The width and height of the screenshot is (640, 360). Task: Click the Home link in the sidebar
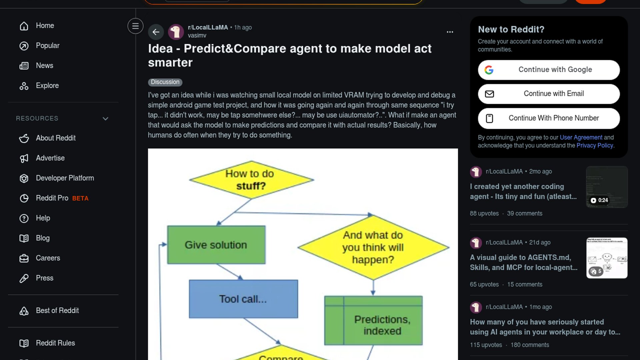pyautogui.click(x=45, y=26)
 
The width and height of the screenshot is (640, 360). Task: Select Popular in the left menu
pyautogui.click(x=47, y=46)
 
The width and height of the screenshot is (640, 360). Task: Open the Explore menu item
pyautogui.click(x=47, y=86)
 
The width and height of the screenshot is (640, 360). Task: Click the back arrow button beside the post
pyautogui.click(x=156, y=32)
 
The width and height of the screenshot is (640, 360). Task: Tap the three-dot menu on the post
pyautogui.click(x=450, y=32)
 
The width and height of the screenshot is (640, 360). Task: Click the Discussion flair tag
pyautogui.click(x=165, y=82)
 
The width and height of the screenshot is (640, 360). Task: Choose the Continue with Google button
pyautogui.click(x=549, y=70)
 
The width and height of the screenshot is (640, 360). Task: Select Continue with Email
pyautogui.click(x=549, y=94)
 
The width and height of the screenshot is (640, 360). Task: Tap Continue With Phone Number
pyautogui.click(x=549, y=118)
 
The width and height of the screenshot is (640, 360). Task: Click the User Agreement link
pyautogui.click(x=581, y=137)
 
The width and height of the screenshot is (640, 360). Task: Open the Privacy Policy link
pyautogui.click(x=595, y=145)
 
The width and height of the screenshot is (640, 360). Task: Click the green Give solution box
pyautogui.click(x=216, y=245)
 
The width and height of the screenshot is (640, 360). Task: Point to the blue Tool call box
pyautogui.click(x=243, y=299)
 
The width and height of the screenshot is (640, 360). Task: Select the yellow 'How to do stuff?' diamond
pyautogui.click(x=251, y=180)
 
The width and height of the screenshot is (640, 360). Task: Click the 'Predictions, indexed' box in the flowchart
pyautogui.click(x=373, y=321)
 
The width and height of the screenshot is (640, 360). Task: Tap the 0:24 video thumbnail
pyautogui.click(x=607, y=187)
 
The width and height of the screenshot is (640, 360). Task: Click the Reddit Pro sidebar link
pyautogui.click(x=52, y=198)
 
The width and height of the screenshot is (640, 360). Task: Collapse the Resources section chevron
pyautogui.click(x=105, y=119)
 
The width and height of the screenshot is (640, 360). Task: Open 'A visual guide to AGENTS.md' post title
pyautogui.click(x=523, y=262)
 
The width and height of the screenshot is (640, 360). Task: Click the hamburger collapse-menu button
pyautogui.click(x=135, y=26)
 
